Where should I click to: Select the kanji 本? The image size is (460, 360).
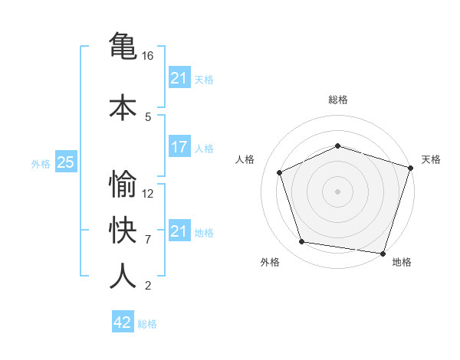123,106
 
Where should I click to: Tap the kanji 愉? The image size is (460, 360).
123,184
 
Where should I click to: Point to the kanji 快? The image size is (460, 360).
123,230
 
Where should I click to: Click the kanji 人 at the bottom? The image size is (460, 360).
123,276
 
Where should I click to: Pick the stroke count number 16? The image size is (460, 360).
148,56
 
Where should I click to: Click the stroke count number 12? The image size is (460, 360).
148,194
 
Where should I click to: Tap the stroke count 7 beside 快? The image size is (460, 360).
148,240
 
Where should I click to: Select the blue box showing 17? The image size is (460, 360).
179,147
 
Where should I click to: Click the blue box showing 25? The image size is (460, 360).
65,162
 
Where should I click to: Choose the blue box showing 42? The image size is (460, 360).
123,322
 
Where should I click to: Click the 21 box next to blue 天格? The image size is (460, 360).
179,78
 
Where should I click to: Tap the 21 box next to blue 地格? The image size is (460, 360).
179,231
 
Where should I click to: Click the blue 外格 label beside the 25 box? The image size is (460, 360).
41,163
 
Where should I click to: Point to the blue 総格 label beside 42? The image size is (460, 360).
147,324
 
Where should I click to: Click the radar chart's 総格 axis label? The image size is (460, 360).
338,100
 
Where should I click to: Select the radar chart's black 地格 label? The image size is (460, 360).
402,263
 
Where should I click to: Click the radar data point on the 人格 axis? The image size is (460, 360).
280,172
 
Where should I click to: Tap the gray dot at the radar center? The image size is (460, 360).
338,191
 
